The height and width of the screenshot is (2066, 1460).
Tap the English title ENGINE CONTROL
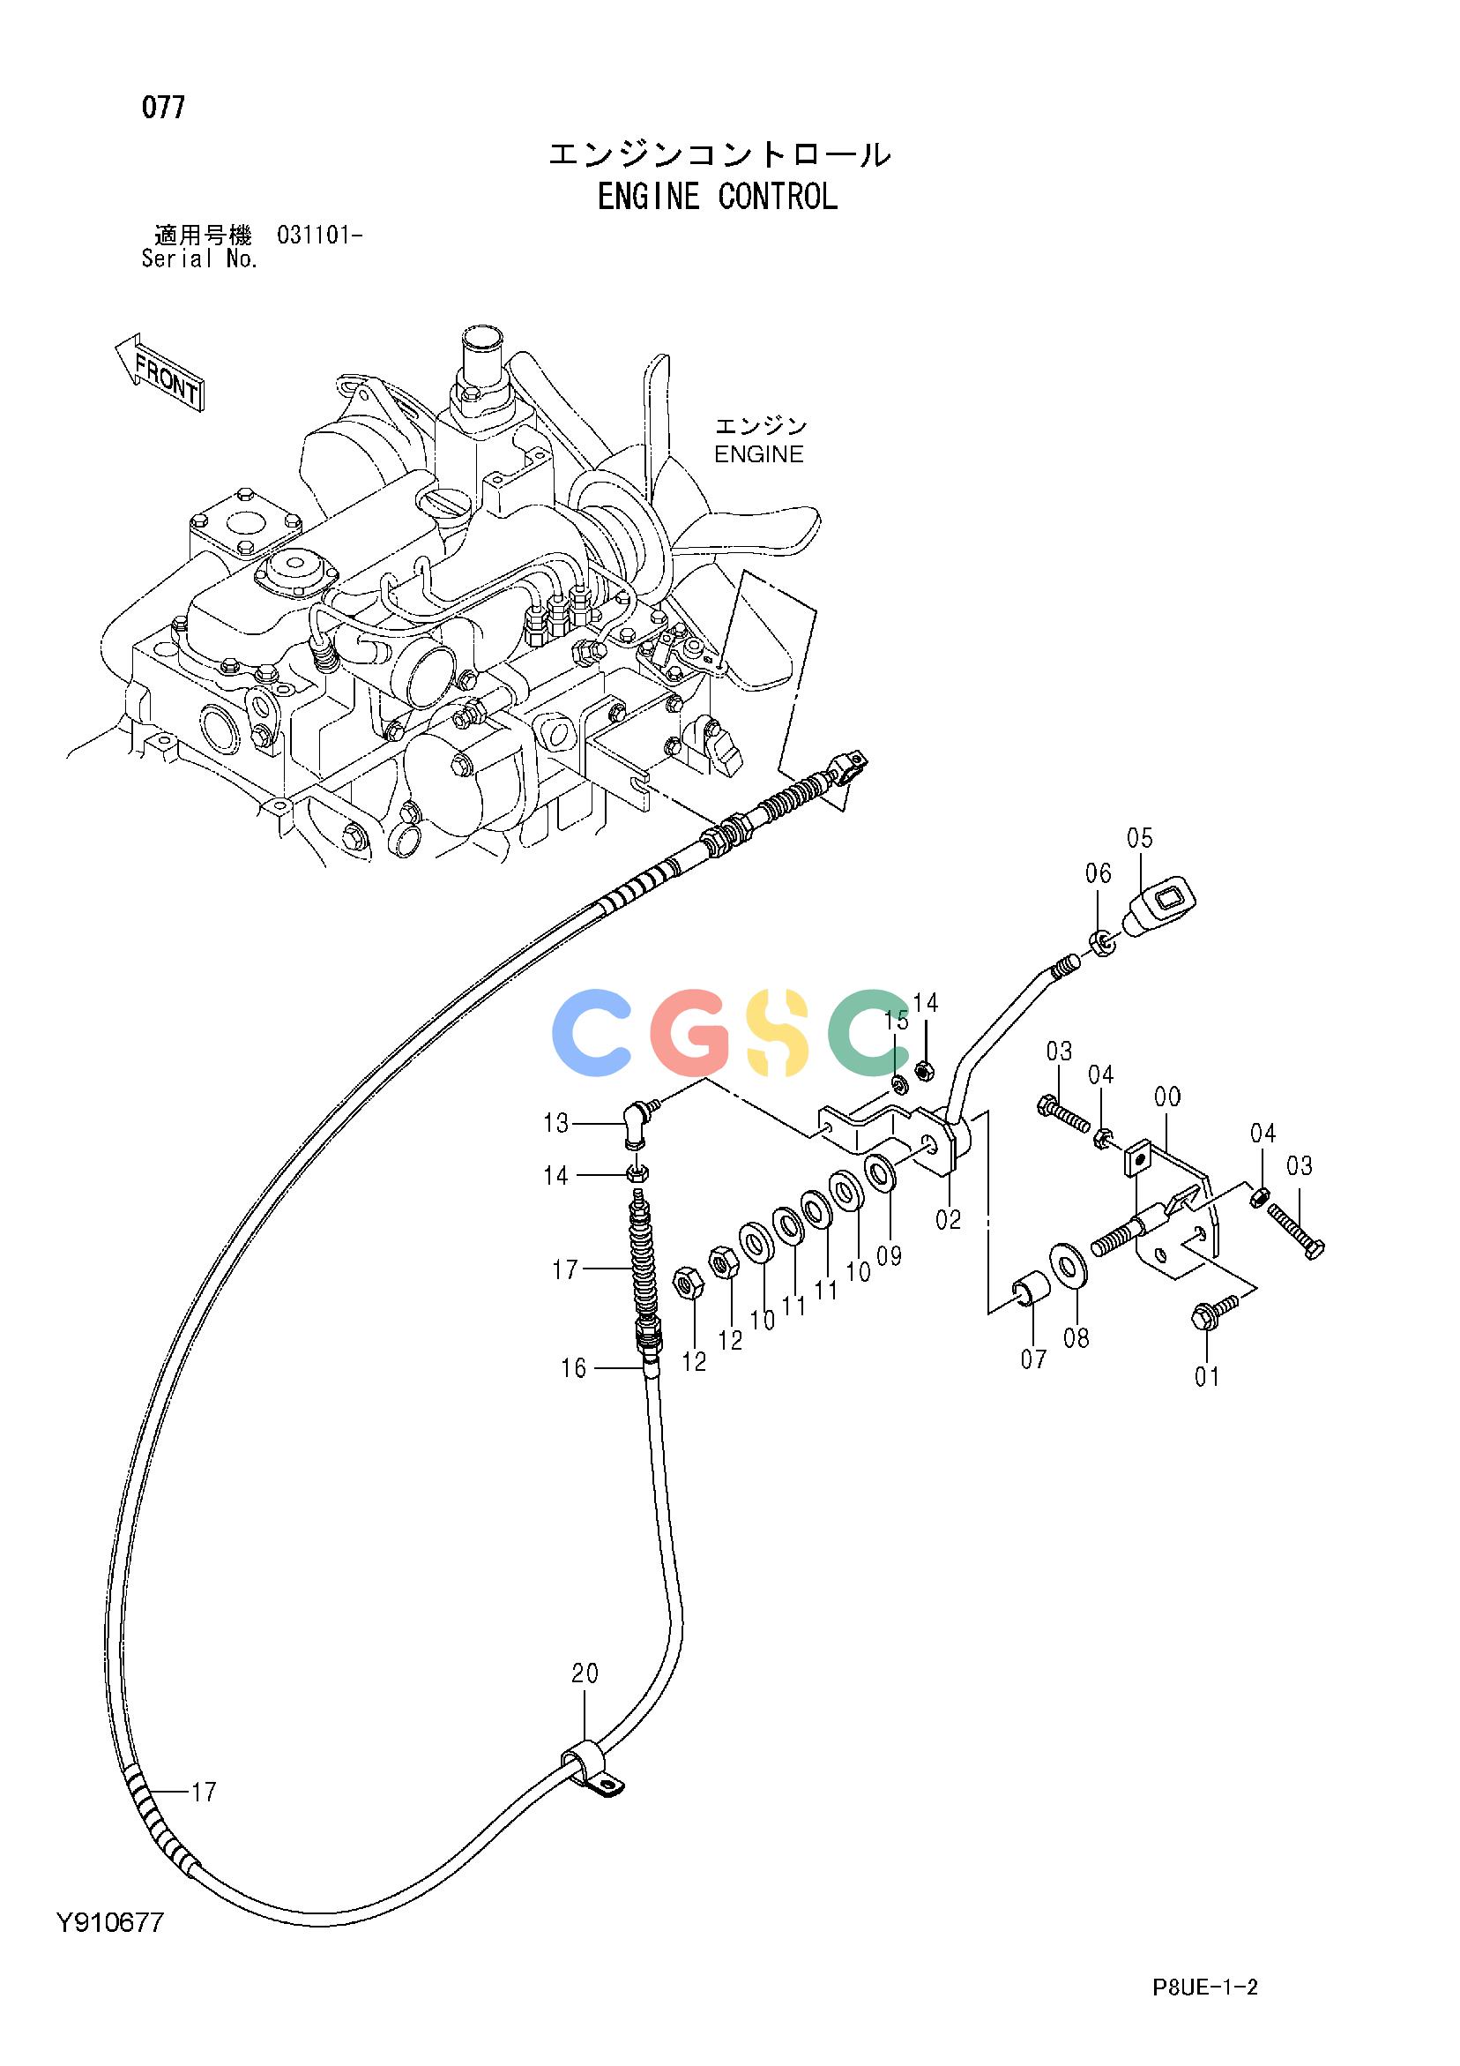coord(718,196)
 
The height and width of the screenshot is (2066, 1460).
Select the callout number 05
coord(1139,838)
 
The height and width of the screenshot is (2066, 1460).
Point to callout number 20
coord(585,1673)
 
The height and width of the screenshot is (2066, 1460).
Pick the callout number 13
coord(556,1123)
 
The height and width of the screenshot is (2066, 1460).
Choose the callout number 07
coord(1033,1358)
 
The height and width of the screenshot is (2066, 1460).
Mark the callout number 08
coord(1076,1338)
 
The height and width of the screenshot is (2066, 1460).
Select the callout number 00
coord(1167,1097)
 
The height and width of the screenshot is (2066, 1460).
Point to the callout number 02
coord(948,1219)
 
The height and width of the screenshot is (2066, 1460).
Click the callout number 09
coord(889,1254)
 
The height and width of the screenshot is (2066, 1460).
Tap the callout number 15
coord(896,1021)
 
